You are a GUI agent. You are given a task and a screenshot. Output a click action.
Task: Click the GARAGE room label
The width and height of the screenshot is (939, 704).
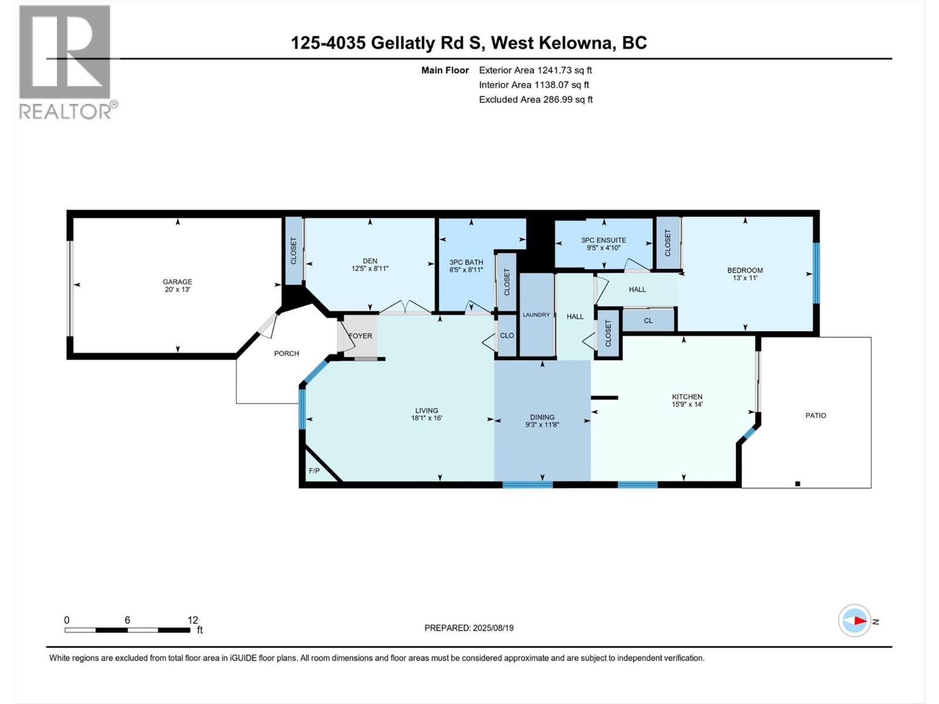(x=177, y=282)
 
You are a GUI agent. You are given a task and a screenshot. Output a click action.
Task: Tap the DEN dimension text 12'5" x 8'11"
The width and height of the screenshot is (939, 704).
(x=370, y=269)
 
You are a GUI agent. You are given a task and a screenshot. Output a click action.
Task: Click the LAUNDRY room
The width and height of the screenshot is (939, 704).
(x=536, y=315)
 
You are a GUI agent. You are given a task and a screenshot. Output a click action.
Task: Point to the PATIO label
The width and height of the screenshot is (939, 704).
(x=815, y=415)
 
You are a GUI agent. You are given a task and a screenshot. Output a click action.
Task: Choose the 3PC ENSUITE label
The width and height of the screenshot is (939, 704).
(x=603, y=240)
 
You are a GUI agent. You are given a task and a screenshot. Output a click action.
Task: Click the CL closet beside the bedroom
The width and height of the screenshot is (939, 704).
(x=648, y=321)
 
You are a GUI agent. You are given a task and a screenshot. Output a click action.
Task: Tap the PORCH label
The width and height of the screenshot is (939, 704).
(x=286, y=353)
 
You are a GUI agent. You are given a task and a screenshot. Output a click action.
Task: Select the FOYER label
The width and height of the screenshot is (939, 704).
(x=360, y=336)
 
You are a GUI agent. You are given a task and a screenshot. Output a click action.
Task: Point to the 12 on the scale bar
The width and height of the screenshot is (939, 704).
(x=192, y=620)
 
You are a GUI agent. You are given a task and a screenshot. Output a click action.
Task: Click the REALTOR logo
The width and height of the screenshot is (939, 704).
(x=65, y=62)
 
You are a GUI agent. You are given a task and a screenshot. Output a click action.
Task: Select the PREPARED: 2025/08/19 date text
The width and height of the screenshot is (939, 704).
(x=469, y=628)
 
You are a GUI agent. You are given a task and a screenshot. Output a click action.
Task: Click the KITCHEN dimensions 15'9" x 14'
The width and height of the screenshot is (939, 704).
(x=687, y=404)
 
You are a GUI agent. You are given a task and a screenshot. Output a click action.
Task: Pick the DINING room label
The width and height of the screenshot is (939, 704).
(x=542, y=417)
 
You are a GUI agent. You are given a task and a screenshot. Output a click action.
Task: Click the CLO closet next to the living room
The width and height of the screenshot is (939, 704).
(x=506, y=336)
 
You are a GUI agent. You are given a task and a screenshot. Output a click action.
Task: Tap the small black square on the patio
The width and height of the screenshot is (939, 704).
(x=798, y=483)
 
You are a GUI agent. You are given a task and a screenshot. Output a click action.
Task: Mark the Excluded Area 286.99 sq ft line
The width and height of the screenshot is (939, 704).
(x=535, y=100)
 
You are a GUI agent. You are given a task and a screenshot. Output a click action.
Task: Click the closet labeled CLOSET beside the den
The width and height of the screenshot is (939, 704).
(x=293, y=251)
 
